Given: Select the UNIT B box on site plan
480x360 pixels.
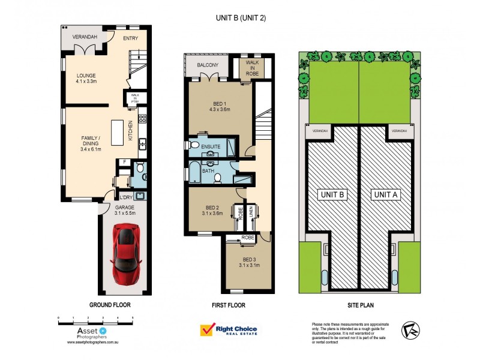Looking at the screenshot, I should coord(331,194).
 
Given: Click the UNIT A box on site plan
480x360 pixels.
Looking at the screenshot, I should coord(385,194).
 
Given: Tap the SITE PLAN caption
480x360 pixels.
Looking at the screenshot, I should coord(358,305).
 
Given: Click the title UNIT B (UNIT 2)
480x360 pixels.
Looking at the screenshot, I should coord(241,18).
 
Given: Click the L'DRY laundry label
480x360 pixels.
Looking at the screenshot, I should coord(126,197).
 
